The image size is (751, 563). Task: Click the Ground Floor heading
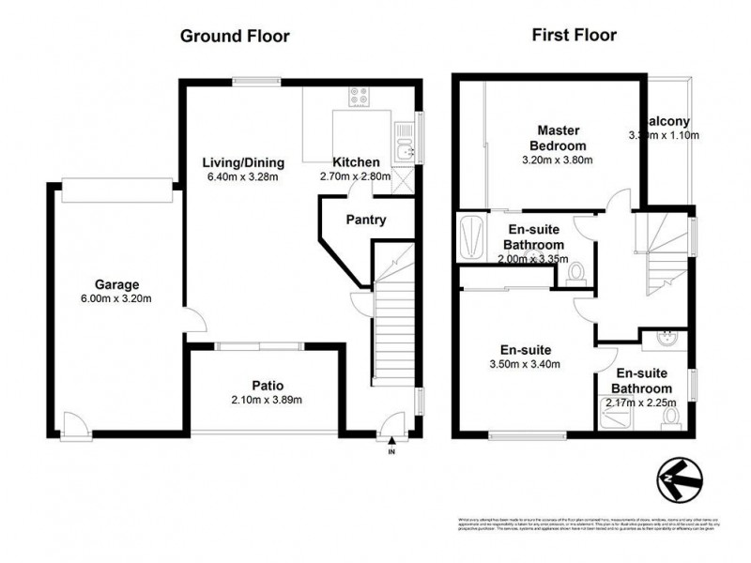234,37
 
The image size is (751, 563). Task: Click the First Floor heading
574,37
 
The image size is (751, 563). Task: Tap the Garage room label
116,284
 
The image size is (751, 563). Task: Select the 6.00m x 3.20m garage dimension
116,299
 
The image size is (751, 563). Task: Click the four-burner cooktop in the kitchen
359,95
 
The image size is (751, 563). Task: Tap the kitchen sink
405,151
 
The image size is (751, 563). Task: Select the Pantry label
368,221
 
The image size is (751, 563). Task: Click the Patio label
268,385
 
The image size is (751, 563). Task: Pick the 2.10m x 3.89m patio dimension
268,400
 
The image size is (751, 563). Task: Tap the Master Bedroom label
558,138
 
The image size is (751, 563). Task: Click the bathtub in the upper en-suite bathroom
469,236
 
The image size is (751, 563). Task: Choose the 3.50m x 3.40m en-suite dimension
525,364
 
